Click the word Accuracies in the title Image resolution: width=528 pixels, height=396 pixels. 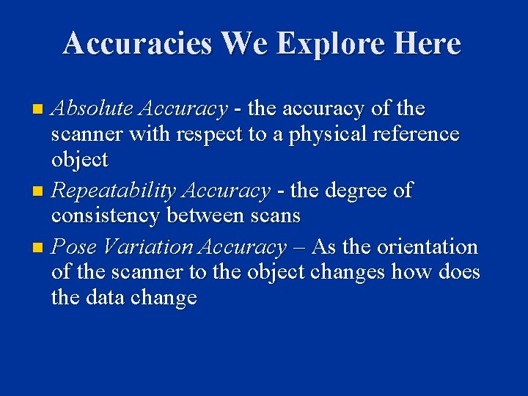click(137, 43)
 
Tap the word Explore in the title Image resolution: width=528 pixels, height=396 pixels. click(323, 43)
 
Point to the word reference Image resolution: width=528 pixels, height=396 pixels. click(414, 134)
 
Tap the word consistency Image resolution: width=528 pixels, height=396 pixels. click(106, 216)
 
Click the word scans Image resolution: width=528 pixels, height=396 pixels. click(277, 216)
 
